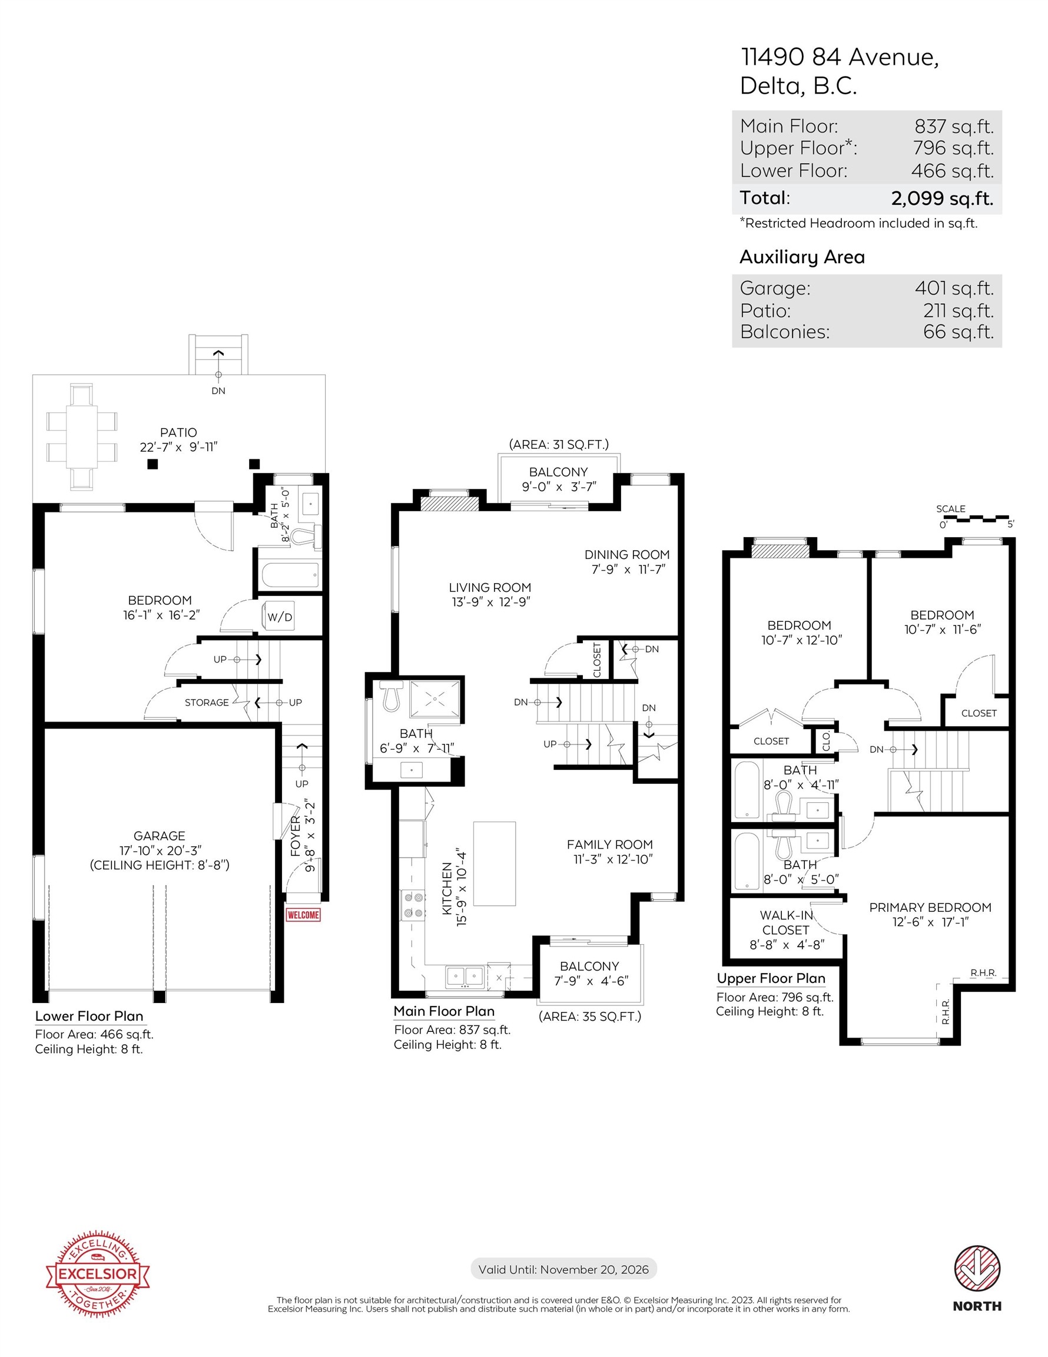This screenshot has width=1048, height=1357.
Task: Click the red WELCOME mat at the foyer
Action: click(303, 915)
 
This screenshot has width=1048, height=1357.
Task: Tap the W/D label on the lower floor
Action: click(280, 617)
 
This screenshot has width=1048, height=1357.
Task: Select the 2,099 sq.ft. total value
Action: click(942, 198)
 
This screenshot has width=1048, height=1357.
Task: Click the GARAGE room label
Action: click(159, 836)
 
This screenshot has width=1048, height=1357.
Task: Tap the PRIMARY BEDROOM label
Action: click(930, 907)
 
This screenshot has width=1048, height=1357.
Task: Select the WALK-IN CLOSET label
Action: click(787, 923)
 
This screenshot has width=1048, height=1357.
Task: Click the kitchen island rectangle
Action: click(495, 863)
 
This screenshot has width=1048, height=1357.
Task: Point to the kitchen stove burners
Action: click(414, 905)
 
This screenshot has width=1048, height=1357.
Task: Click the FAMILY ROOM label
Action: click(609, 845)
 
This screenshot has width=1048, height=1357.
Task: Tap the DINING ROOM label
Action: click(627, 554)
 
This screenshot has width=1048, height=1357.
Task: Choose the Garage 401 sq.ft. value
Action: click(954, 288)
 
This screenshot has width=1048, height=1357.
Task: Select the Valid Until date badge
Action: click(563, 1269)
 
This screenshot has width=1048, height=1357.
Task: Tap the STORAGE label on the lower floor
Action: click(207, 702)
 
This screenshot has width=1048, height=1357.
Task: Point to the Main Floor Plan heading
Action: click(444, 1011)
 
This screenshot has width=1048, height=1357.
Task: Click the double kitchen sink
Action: click(465, 975)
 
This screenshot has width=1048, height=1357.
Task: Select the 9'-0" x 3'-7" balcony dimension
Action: click(559, 486)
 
